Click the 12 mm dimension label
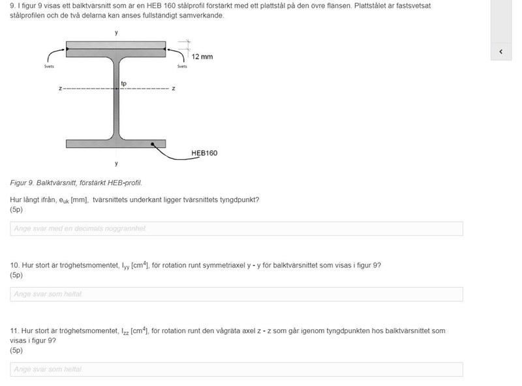pyautogui.click(x=202, y=57)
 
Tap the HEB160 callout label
pyautogui.click(x=204, y=153)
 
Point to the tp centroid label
pyautogui.click(x=124, y=83)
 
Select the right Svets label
pyautogui.click(x=182, y=66)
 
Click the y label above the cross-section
pyautogui.click(x=116, y=32)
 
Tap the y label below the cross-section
pyautogui.click(x=116, y=163)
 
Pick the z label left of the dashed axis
pyautogui.click(x=59, y=88)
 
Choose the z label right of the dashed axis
pyautogui.click(x=174, y=88)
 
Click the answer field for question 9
pyautogui.click(x=236, y=229)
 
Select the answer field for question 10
pyautogui.click(x=236, y=294)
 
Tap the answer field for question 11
pyautogui.click(x=236, y=370)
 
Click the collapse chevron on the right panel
pyautogui.click(x=501, y=52)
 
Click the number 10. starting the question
pyautogui.click(x=15, y=265)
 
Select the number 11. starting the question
pyautogui.click(x=15, y=331)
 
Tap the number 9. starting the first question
pyautogui.click(x=13, y=5)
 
